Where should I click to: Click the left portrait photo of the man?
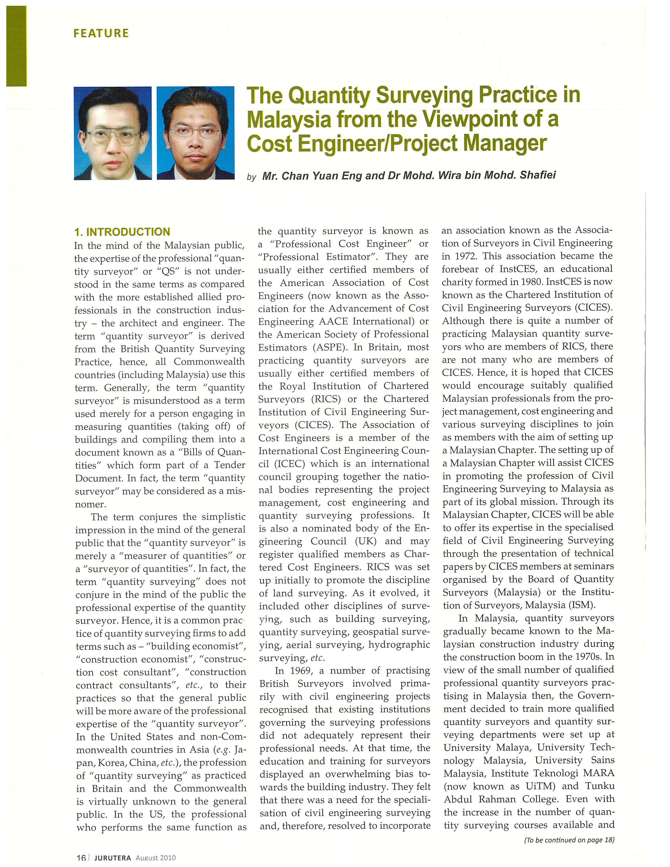click(113, 133)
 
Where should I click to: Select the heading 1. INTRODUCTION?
click(122, 232)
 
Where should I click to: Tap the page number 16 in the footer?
click(81, 863)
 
